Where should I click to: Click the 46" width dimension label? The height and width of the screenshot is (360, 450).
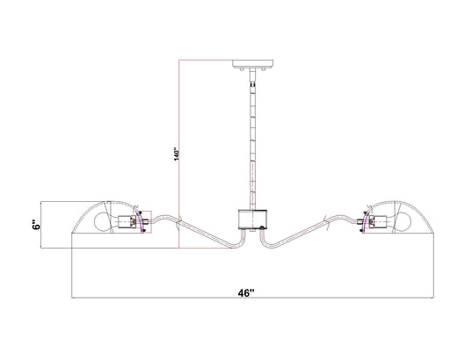[x=246, y=292]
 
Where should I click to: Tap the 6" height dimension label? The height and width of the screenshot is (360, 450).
[x=36, y=225]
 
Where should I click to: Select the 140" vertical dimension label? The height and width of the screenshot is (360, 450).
[x=176, y=154]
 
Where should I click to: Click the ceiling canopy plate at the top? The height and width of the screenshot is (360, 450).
[x=253, y=63]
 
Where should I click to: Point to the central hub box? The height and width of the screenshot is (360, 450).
[x=252, y=220]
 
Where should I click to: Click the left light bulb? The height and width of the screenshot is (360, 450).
[x=103, y=222]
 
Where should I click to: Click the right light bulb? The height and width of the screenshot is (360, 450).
[x=403, y=222]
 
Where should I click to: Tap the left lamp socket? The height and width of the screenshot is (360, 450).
[x=127, y=222]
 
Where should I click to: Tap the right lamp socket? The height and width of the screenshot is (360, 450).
[x=378, y=222]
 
